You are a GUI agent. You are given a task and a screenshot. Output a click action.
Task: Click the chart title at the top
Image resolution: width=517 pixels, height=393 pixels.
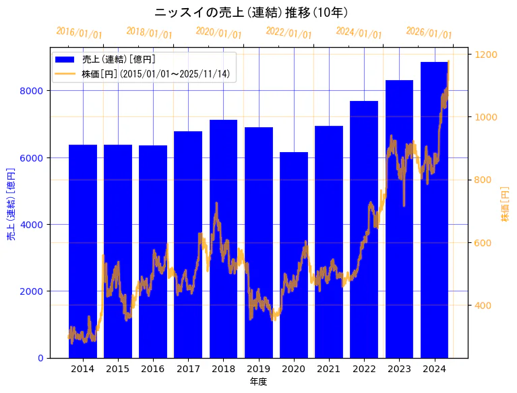click(251, 13)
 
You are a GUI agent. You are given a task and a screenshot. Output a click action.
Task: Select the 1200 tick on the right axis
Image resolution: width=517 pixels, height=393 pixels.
click(486, 55)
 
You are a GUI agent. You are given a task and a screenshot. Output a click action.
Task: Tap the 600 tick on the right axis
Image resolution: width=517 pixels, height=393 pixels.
click(483, 243)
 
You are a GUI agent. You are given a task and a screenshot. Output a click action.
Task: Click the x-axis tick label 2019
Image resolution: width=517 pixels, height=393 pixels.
click(259, 369)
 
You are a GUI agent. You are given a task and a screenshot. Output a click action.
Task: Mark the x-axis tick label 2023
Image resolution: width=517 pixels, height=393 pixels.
click(399, 369)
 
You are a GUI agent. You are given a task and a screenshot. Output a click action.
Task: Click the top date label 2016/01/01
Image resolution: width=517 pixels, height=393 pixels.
click(80, 33)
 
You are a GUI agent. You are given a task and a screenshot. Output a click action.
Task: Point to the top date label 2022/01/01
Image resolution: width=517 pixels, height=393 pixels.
click(289, 33)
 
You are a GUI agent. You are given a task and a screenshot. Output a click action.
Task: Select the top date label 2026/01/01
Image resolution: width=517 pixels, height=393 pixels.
click(429, 33)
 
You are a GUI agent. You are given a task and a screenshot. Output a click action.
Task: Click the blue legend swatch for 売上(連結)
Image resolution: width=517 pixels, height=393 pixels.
click(67, 59)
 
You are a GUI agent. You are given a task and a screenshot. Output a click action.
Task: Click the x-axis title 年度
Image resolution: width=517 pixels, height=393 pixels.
click(258, 382)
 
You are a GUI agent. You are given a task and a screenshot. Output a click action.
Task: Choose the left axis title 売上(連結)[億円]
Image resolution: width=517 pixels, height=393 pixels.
click(11, 203)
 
